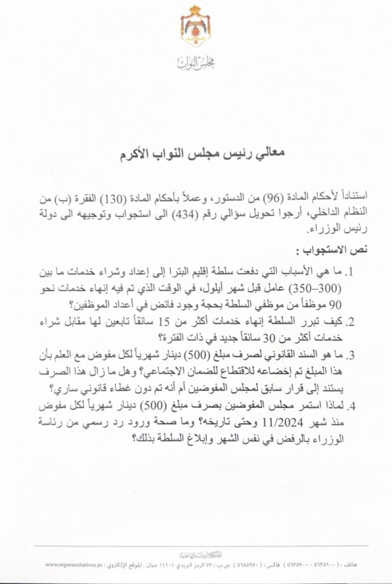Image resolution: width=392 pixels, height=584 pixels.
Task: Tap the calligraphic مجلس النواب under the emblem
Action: tap(196, 63)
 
